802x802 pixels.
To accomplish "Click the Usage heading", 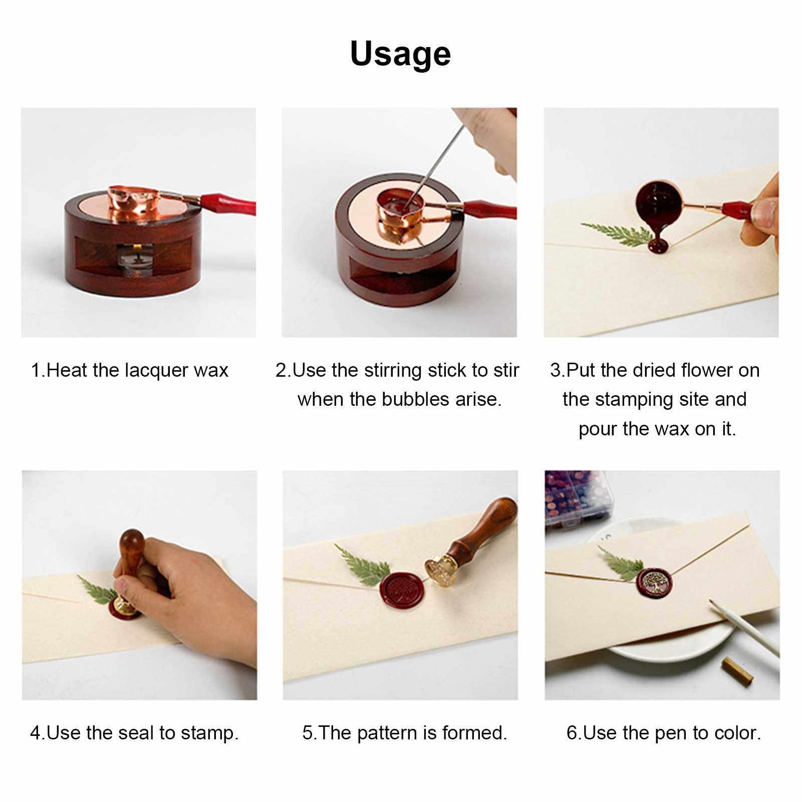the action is (400, 55).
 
